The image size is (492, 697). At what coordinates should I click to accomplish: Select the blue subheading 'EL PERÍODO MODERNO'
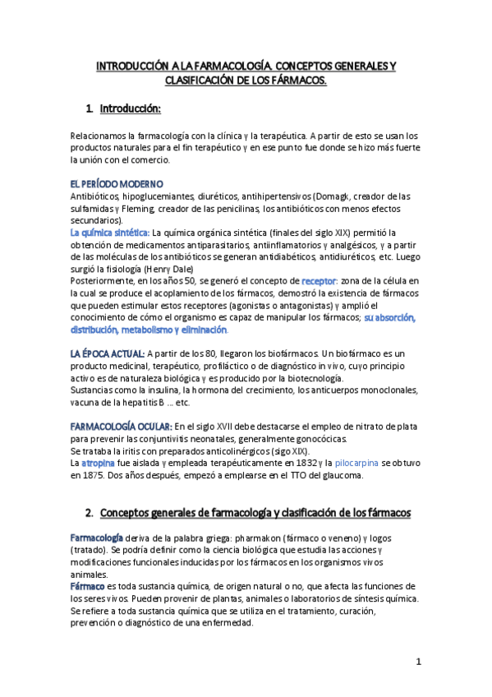[x=117, y=182]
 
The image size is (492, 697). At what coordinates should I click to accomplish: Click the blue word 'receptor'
[x=320, y=281]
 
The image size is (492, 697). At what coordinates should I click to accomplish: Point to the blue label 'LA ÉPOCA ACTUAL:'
[x=108, y=353]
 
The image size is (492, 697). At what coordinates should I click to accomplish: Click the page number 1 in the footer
[x=418, y=661]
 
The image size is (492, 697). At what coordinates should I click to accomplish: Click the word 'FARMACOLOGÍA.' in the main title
[x=225, y=65]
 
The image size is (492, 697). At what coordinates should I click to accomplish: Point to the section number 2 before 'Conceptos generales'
[x=89, y=513]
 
